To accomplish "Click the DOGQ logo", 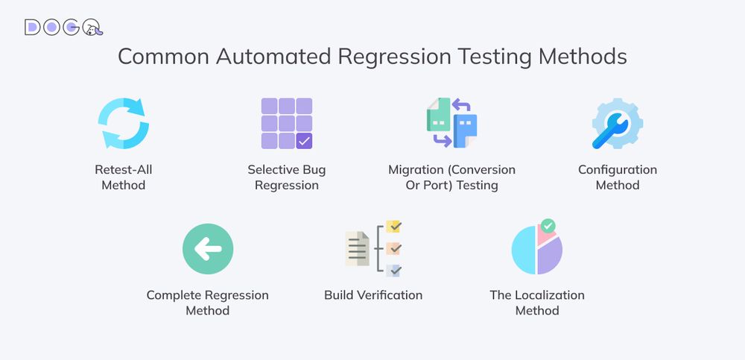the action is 63,27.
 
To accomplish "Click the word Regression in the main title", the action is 394,57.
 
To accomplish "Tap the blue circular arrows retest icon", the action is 124,123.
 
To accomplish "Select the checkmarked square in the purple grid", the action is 304,141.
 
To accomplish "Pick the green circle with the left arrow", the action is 208,249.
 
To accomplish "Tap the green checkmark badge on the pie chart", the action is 548,226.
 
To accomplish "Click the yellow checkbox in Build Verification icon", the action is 394,227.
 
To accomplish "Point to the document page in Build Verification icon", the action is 357,248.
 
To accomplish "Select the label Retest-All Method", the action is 124,177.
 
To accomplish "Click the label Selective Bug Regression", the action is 287,177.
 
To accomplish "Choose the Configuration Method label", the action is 618,177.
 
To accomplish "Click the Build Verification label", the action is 373,295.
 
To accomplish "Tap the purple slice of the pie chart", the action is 551,256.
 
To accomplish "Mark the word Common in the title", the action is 163,57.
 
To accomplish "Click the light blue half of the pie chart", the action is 524,250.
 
